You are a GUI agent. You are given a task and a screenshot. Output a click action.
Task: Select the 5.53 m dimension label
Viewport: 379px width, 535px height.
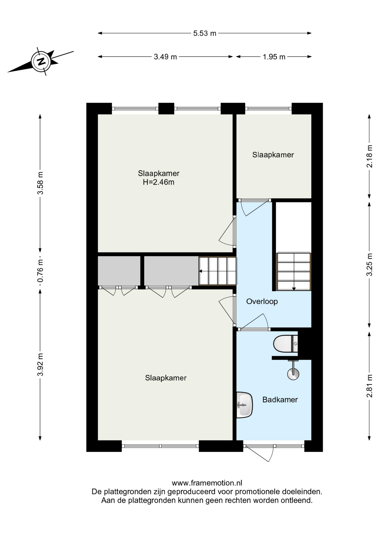click(x=205, y=33)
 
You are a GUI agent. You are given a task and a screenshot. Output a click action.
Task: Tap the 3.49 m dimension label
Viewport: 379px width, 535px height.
click(x=165, y=57)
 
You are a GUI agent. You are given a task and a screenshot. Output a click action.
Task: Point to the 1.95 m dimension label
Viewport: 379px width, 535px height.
click(x=274, y=57)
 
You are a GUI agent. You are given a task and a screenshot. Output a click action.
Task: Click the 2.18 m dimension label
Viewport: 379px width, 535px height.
click(x=370, y=156)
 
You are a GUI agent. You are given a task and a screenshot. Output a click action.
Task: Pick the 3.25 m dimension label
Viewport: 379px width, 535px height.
click(x=370, y=264)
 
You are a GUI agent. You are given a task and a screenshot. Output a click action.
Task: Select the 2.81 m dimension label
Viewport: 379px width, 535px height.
click(x=370, y=386)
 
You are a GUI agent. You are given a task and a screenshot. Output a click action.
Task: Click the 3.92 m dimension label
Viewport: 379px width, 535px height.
click(x=40, y=364)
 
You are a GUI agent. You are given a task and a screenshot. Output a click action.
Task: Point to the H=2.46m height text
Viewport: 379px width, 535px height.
click(x=159, y=182)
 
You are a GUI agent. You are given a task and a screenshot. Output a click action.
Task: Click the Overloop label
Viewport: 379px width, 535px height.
click(x=262, y=301)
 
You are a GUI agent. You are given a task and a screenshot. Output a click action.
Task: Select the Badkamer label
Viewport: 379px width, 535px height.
click(x=280, y=400)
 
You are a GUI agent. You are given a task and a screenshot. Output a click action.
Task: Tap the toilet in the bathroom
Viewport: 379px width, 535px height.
click(x=286, y=344)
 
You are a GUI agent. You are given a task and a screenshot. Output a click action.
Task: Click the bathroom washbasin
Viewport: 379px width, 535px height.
click(x=244, y=405)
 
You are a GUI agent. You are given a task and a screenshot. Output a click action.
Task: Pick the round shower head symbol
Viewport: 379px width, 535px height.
click(x=293, y=374)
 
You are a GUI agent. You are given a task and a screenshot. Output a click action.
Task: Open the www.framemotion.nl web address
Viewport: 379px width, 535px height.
click(x=207, y=483)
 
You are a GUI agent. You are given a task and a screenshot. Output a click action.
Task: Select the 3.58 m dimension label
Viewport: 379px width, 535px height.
click(x=40, y=183)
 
